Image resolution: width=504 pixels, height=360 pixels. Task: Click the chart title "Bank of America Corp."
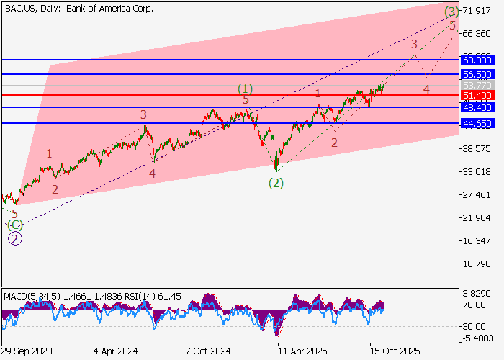coord(110,9)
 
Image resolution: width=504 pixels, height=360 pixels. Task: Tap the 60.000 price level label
coord(477,59)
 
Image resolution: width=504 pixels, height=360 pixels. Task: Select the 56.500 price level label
coord(477,74)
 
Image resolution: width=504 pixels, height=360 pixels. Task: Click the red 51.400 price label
coord(477,95)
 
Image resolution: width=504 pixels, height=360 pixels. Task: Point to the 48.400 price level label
coord(477,107)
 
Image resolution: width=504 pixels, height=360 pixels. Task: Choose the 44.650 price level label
coord(477,124)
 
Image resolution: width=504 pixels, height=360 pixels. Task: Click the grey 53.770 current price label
coord(477,85)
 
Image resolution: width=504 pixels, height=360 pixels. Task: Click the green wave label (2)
coord(276,183)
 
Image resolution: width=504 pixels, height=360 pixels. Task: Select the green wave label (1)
coord(246,89)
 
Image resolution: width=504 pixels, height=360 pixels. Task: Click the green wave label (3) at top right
coord(451,12)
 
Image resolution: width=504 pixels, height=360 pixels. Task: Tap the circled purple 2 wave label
coord(14,238)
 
